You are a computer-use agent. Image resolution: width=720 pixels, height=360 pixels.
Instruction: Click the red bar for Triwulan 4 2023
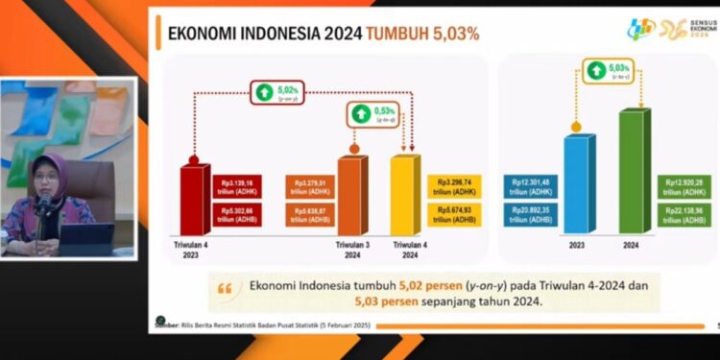click(195, 199)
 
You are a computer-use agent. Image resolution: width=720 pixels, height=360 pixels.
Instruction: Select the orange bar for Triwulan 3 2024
click(352, 195)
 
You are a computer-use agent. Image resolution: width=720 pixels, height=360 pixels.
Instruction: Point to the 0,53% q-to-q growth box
click(370, 116)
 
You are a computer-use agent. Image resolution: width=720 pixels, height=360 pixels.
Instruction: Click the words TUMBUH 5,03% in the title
click(421, 34)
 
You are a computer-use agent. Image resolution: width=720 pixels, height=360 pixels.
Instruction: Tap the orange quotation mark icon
click(226, 288)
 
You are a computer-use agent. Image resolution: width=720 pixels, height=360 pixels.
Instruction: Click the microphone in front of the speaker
click(44, 204)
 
